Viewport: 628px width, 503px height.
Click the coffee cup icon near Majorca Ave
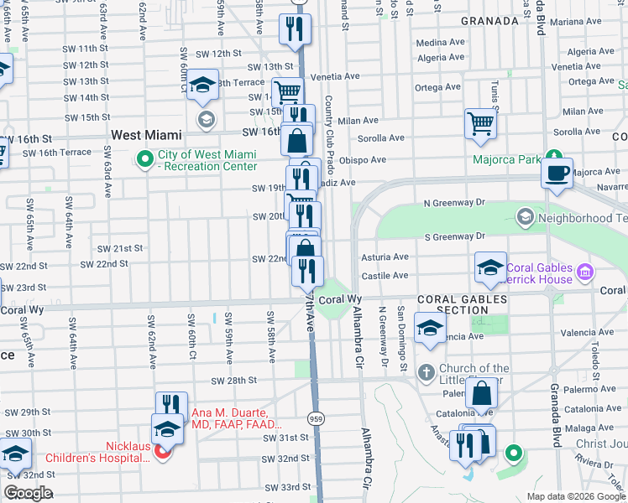point(557,174)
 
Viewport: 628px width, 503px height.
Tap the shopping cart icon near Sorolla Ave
point(481,123)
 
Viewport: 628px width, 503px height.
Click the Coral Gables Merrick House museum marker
point(585,272)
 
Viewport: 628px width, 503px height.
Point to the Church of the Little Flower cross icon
point(426,371)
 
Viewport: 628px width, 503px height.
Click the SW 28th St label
point(233,380)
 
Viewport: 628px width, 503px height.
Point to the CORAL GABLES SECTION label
point(462,304)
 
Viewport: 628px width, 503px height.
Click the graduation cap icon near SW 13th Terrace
point(203,86)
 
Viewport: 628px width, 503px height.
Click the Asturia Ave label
point(385,257)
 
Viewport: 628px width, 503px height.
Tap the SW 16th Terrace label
point(57,153)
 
